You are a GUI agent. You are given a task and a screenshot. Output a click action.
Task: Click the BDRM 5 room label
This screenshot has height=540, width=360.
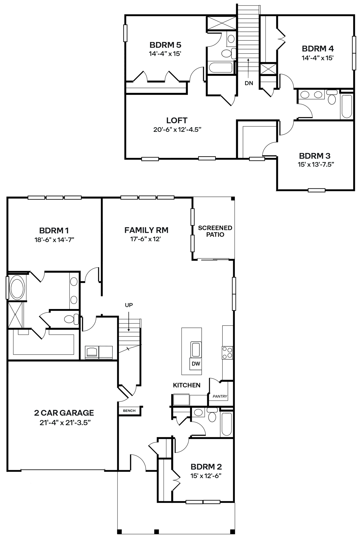coord(165,45)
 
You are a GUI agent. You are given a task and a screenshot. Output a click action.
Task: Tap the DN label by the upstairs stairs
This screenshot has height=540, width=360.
coord(249,83)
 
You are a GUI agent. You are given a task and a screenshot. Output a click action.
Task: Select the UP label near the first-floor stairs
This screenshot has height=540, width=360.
coord(129,305)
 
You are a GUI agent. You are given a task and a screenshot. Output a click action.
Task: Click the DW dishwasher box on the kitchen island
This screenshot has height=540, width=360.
coord(195,364)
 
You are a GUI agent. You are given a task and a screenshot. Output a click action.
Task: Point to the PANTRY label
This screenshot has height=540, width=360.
coord(220,396)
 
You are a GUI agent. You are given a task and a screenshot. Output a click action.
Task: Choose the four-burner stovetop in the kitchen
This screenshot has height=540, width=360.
coord(227,352)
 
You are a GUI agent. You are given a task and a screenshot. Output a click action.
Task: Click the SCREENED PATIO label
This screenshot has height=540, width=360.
coord(215,231)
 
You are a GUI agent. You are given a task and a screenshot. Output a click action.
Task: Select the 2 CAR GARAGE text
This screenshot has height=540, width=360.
coord(64,413)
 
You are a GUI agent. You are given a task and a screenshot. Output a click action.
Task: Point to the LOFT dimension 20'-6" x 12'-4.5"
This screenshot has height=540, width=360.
coord(177,130)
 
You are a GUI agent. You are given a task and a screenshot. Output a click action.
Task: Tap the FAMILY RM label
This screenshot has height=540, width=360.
coord(146,230)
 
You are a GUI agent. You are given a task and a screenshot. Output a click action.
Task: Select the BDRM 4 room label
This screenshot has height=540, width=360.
coord(318,48)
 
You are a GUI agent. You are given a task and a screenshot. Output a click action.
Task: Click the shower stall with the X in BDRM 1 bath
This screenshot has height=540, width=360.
coord(16,315)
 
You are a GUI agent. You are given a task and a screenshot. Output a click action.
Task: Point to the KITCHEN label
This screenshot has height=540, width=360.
coord(187,385)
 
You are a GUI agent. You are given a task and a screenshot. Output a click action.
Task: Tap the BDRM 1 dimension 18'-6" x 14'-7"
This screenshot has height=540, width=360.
coord(54,240)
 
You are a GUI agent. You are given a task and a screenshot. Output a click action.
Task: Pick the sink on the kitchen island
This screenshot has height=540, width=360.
coord(195,349)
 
